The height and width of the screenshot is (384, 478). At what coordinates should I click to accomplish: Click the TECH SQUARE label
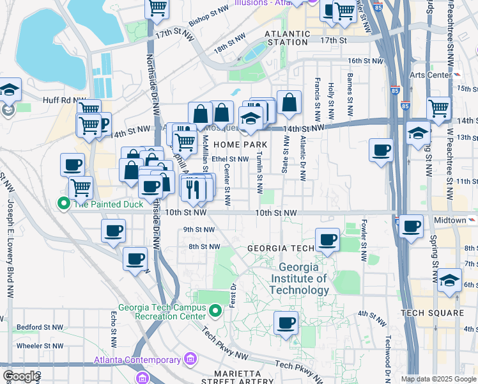pos(433,313)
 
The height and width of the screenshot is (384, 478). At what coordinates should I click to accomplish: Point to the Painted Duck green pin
pos(63,204)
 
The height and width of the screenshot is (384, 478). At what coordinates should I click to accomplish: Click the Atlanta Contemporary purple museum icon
pos(190,359)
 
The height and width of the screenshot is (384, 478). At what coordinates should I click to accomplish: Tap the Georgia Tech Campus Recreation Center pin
pos(215,312)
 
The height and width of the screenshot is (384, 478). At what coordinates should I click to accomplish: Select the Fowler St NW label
pos(364,241)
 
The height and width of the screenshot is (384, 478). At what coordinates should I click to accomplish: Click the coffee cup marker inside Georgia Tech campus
pos(286,322)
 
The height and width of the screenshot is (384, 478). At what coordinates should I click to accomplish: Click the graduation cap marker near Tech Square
pos(449,280)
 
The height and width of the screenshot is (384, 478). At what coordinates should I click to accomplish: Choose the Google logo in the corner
pos(21,377)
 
